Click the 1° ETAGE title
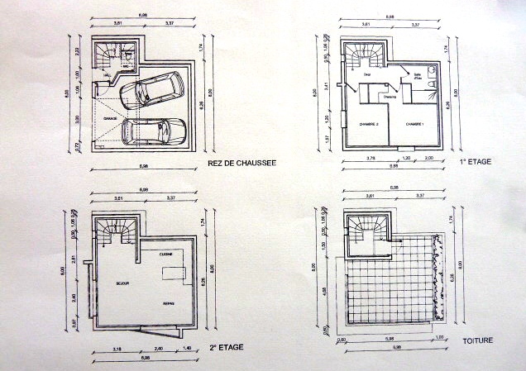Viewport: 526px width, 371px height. pos(477,163)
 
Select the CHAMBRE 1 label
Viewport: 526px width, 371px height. pos(415,124)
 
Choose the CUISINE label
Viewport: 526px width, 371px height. pos(165,254)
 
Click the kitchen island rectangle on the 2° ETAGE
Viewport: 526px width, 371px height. pos(173,273)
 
